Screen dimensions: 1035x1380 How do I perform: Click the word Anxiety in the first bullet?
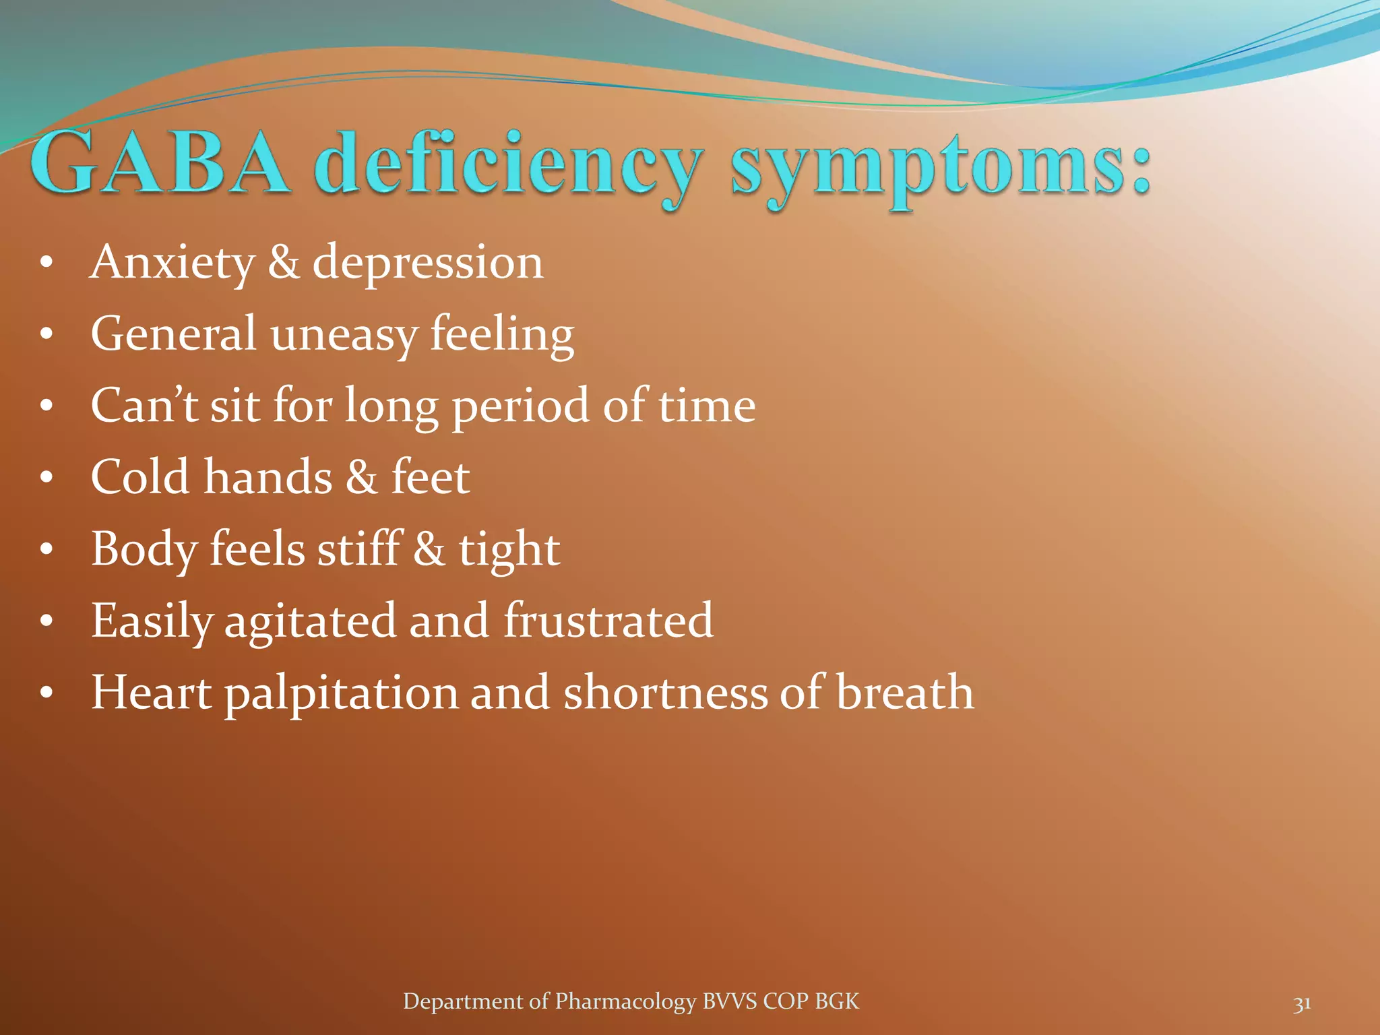[x=172, y=262]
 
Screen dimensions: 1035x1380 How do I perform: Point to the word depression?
[x=427, y=263]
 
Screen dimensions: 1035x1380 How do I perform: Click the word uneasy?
[x=343, y=334]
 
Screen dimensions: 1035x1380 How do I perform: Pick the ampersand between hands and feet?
[x=361, y=477]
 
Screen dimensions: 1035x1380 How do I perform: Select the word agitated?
[x=310, y=621]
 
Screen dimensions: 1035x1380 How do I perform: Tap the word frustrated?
[x=608, y=620]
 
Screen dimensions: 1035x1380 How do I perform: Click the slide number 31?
[x=1302, y=1003]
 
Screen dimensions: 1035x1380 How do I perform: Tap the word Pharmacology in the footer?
[x=625, y=1001]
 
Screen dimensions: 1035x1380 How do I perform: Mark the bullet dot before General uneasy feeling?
[x=46, y=334]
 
